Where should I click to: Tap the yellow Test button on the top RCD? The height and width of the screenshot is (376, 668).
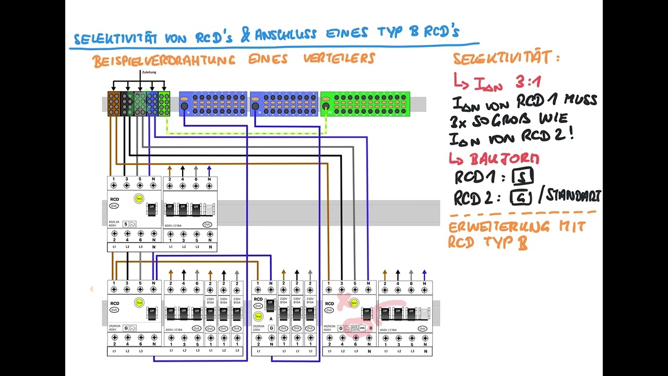tap(139, 198)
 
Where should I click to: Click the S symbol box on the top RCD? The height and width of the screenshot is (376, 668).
tap(125, 224)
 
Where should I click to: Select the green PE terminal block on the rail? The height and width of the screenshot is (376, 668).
tap(365, 103)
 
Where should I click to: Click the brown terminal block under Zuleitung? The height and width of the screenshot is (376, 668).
tap(114, 103)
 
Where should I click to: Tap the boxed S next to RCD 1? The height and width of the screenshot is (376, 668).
tap(522, 177)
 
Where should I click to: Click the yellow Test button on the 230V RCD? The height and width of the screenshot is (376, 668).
tap(258, 316)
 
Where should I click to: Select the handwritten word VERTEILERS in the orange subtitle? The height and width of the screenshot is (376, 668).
tap(339, 58)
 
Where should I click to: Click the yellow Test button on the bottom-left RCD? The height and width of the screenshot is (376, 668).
tap(139, 302)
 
